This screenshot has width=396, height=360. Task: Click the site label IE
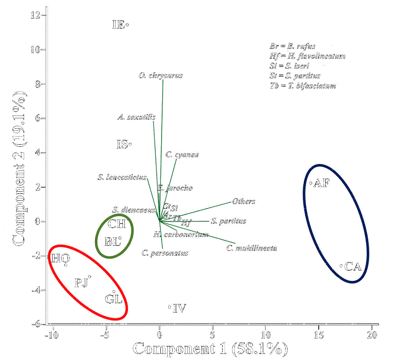point(118,25)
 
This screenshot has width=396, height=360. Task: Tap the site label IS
point(122,145)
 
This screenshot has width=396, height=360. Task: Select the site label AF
point(321,183)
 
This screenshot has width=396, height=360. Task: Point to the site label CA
point(353,267)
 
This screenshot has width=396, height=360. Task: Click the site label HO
point(61,258)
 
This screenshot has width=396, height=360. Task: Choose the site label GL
point(114,299)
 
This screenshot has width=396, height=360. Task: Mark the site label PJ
point(82,283)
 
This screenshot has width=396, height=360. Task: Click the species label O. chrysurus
point(161,75)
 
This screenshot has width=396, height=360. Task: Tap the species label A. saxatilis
point(137,117)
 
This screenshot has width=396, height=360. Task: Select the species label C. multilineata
point(252,248)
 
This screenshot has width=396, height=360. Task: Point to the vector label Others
point(244,201)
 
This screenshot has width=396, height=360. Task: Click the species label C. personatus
point(164,253)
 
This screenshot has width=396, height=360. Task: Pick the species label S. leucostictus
point(123,177)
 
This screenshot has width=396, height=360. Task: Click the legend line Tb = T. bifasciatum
point(303,85)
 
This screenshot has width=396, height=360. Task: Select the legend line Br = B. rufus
point(293,46)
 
